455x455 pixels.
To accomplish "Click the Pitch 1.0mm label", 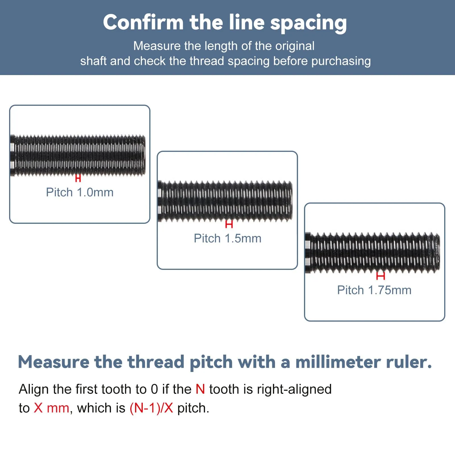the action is [80, 193].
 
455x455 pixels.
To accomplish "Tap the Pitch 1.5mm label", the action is [227, 239].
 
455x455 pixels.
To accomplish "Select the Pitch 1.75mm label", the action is [374, 290].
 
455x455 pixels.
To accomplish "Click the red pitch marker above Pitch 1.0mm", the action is [78, 178].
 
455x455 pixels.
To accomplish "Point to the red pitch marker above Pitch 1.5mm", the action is [229, 224].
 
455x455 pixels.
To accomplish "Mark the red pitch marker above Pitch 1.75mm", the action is [380, 276].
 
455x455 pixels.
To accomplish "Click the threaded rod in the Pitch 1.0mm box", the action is [78, 155].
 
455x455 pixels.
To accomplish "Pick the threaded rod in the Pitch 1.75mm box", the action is [372, 253].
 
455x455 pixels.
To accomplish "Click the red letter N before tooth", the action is [200, 389].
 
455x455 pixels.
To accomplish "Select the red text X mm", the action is [51, 408].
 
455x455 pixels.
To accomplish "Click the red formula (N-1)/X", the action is [151, 408].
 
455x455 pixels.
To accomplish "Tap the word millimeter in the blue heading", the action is [338, 362].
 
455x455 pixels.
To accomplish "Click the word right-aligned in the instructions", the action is [294, 390].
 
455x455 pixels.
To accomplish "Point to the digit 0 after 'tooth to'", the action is [154, 389].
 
